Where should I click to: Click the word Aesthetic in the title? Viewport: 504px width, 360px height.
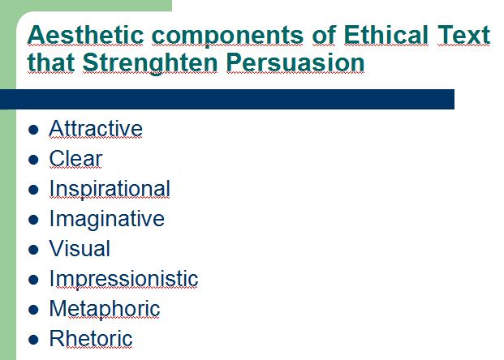(85, 35)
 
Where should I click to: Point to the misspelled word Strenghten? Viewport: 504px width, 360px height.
(150, 62)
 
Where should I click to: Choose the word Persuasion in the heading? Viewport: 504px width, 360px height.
(295, 62)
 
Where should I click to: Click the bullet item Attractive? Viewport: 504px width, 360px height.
(96, 128)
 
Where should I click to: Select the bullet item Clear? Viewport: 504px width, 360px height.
(75, 158)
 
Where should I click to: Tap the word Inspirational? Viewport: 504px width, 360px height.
(110, 190)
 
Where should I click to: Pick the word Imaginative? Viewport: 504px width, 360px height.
(107, 220)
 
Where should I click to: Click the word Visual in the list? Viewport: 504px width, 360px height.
(80, 248)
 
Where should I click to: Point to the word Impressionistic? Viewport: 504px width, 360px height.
(123, 280)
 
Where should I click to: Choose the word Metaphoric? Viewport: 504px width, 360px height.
(105, 310)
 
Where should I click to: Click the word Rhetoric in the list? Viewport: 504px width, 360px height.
(91, 338)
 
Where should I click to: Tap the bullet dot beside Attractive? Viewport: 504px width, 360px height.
(33, 130)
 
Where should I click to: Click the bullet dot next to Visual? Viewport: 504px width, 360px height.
(33, 250)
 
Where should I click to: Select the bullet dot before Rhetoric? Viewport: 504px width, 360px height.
(33, 340)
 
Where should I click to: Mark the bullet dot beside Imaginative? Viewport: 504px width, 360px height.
(33, 220)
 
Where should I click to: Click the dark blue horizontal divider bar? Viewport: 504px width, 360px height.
(227, 99)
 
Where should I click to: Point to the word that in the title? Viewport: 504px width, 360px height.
(51, 62)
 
